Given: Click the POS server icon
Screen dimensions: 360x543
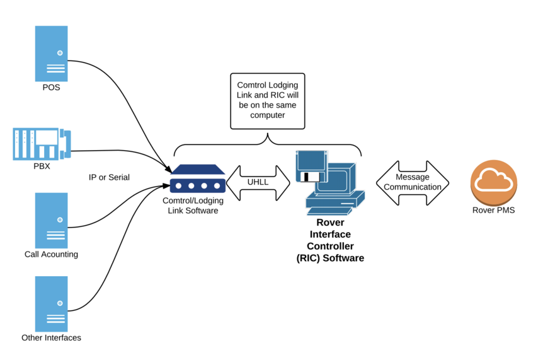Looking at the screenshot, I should (x=51, y=54).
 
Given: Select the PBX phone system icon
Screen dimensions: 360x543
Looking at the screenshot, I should (x=42, y=144).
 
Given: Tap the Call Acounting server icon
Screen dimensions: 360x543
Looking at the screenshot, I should (x=51, y=220).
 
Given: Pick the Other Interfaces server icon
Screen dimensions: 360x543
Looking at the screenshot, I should (x=51, y=303).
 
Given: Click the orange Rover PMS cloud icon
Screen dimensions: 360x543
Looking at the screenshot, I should (x=493, y=181).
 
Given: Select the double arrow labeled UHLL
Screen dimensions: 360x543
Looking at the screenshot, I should (x=258, y=182).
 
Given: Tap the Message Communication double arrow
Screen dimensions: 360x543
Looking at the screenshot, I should (x=413, y=183).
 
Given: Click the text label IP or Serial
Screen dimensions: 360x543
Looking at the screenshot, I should (x=109, y=177).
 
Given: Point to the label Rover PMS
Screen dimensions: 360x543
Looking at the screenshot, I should (x=493, y=210).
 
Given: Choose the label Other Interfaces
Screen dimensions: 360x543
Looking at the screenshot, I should (x=51, y=337).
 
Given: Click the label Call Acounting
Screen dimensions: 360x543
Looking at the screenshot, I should (x=51, y=254).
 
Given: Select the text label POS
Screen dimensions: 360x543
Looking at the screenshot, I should (x=51, y=87).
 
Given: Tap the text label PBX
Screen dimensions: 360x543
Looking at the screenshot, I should (x=41, y=167).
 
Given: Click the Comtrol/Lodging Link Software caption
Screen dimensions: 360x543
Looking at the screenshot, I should (x=193, y=206).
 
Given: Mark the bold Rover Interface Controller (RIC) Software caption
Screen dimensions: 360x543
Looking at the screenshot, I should (x=330, y=240).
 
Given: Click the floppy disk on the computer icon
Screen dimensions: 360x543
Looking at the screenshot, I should (x=311, y=167).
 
